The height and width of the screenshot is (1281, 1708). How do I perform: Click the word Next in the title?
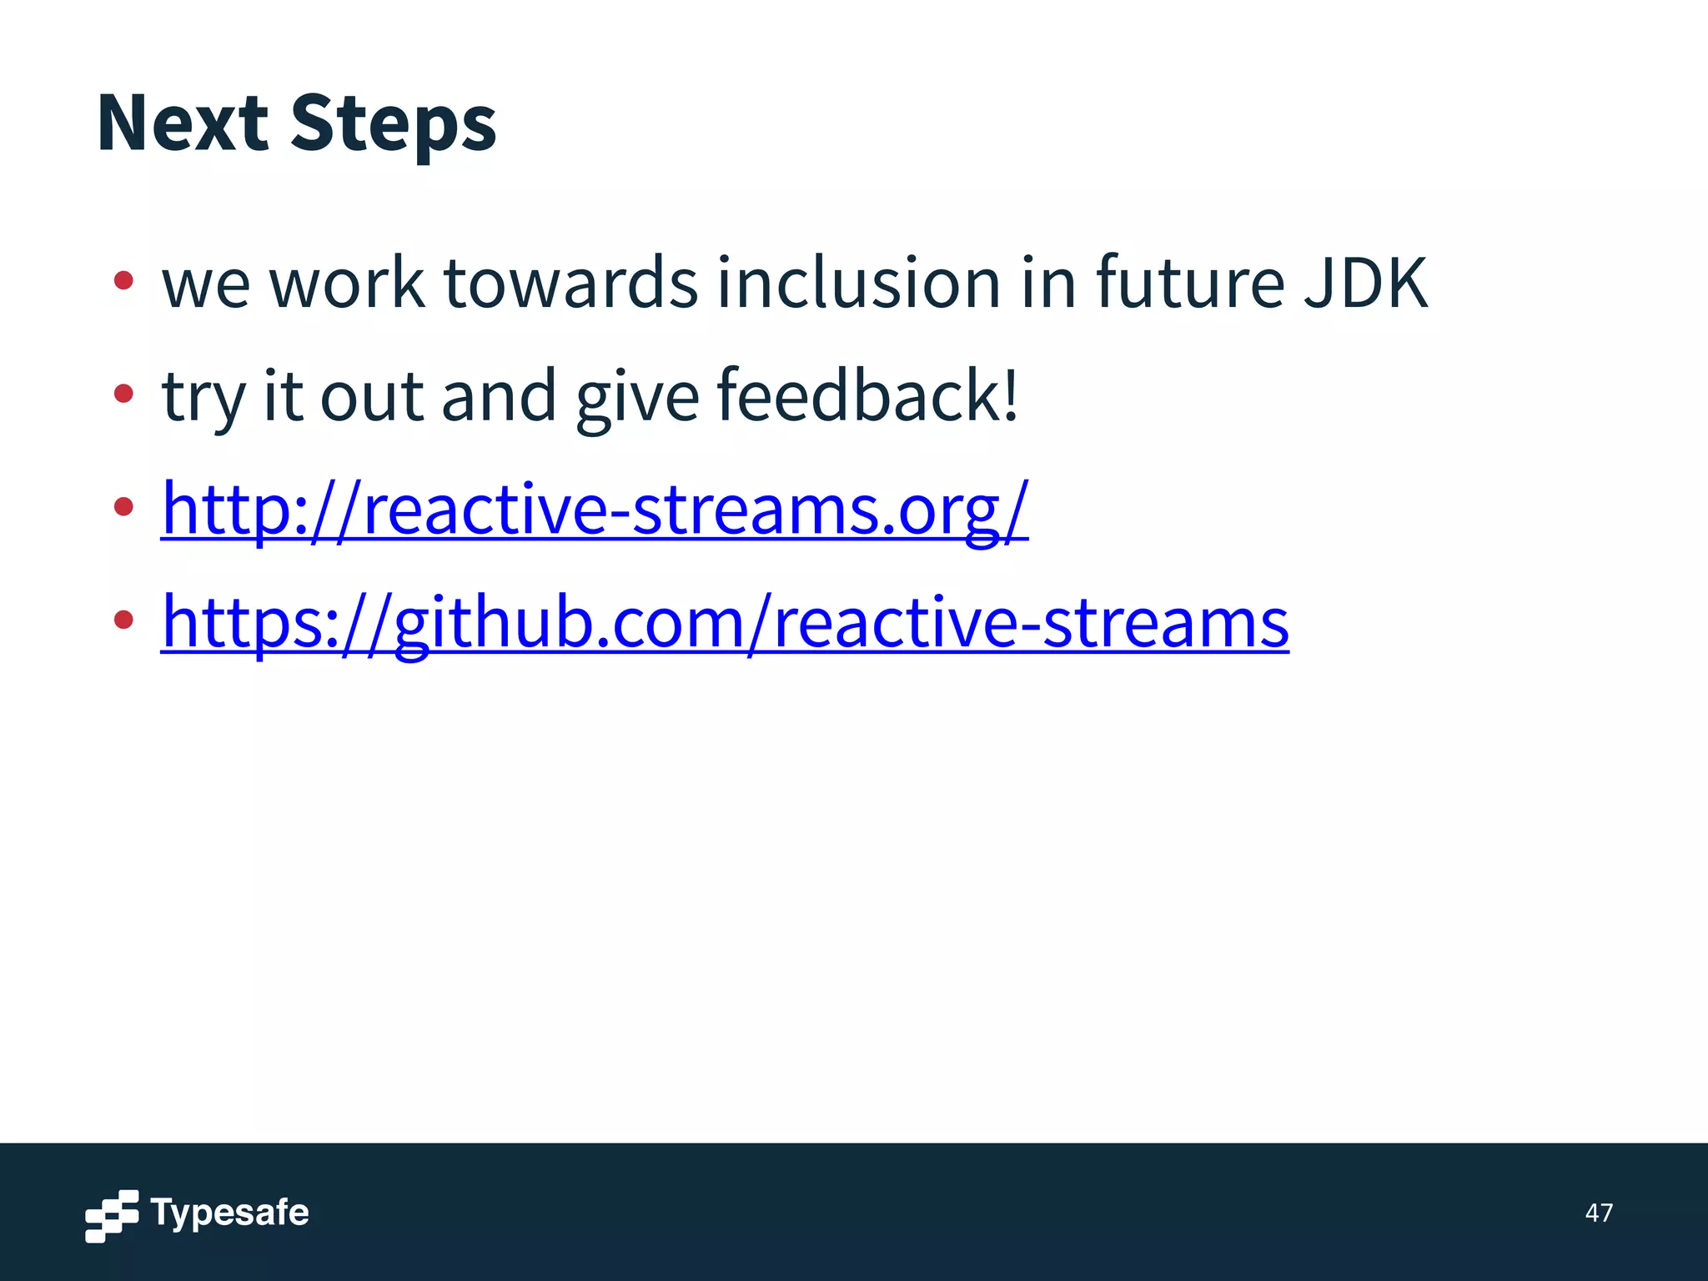182,123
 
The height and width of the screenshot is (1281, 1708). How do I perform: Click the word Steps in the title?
393,123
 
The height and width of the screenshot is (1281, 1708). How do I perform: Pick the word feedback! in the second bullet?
867,396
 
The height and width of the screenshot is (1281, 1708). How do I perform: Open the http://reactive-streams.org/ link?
595,509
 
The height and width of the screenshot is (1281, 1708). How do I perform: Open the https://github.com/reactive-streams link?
725,622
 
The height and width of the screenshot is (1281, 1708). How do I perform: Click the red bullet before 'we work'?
123,280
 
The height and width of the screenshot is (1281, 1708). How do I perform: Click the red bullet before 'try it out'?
123,393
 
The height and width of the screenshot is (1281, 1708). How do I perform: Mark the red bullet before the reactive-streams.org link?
123,505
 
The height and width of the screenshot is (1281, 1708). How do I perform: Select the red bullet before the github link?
123,619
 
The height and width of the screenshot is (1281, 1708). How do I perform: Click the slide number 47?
1598,1213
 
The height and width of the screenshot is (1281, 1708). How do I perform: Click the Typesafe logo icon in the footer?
112,1216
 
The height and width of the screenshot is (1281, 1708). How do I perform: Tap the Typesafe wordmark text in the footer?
229,1213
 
